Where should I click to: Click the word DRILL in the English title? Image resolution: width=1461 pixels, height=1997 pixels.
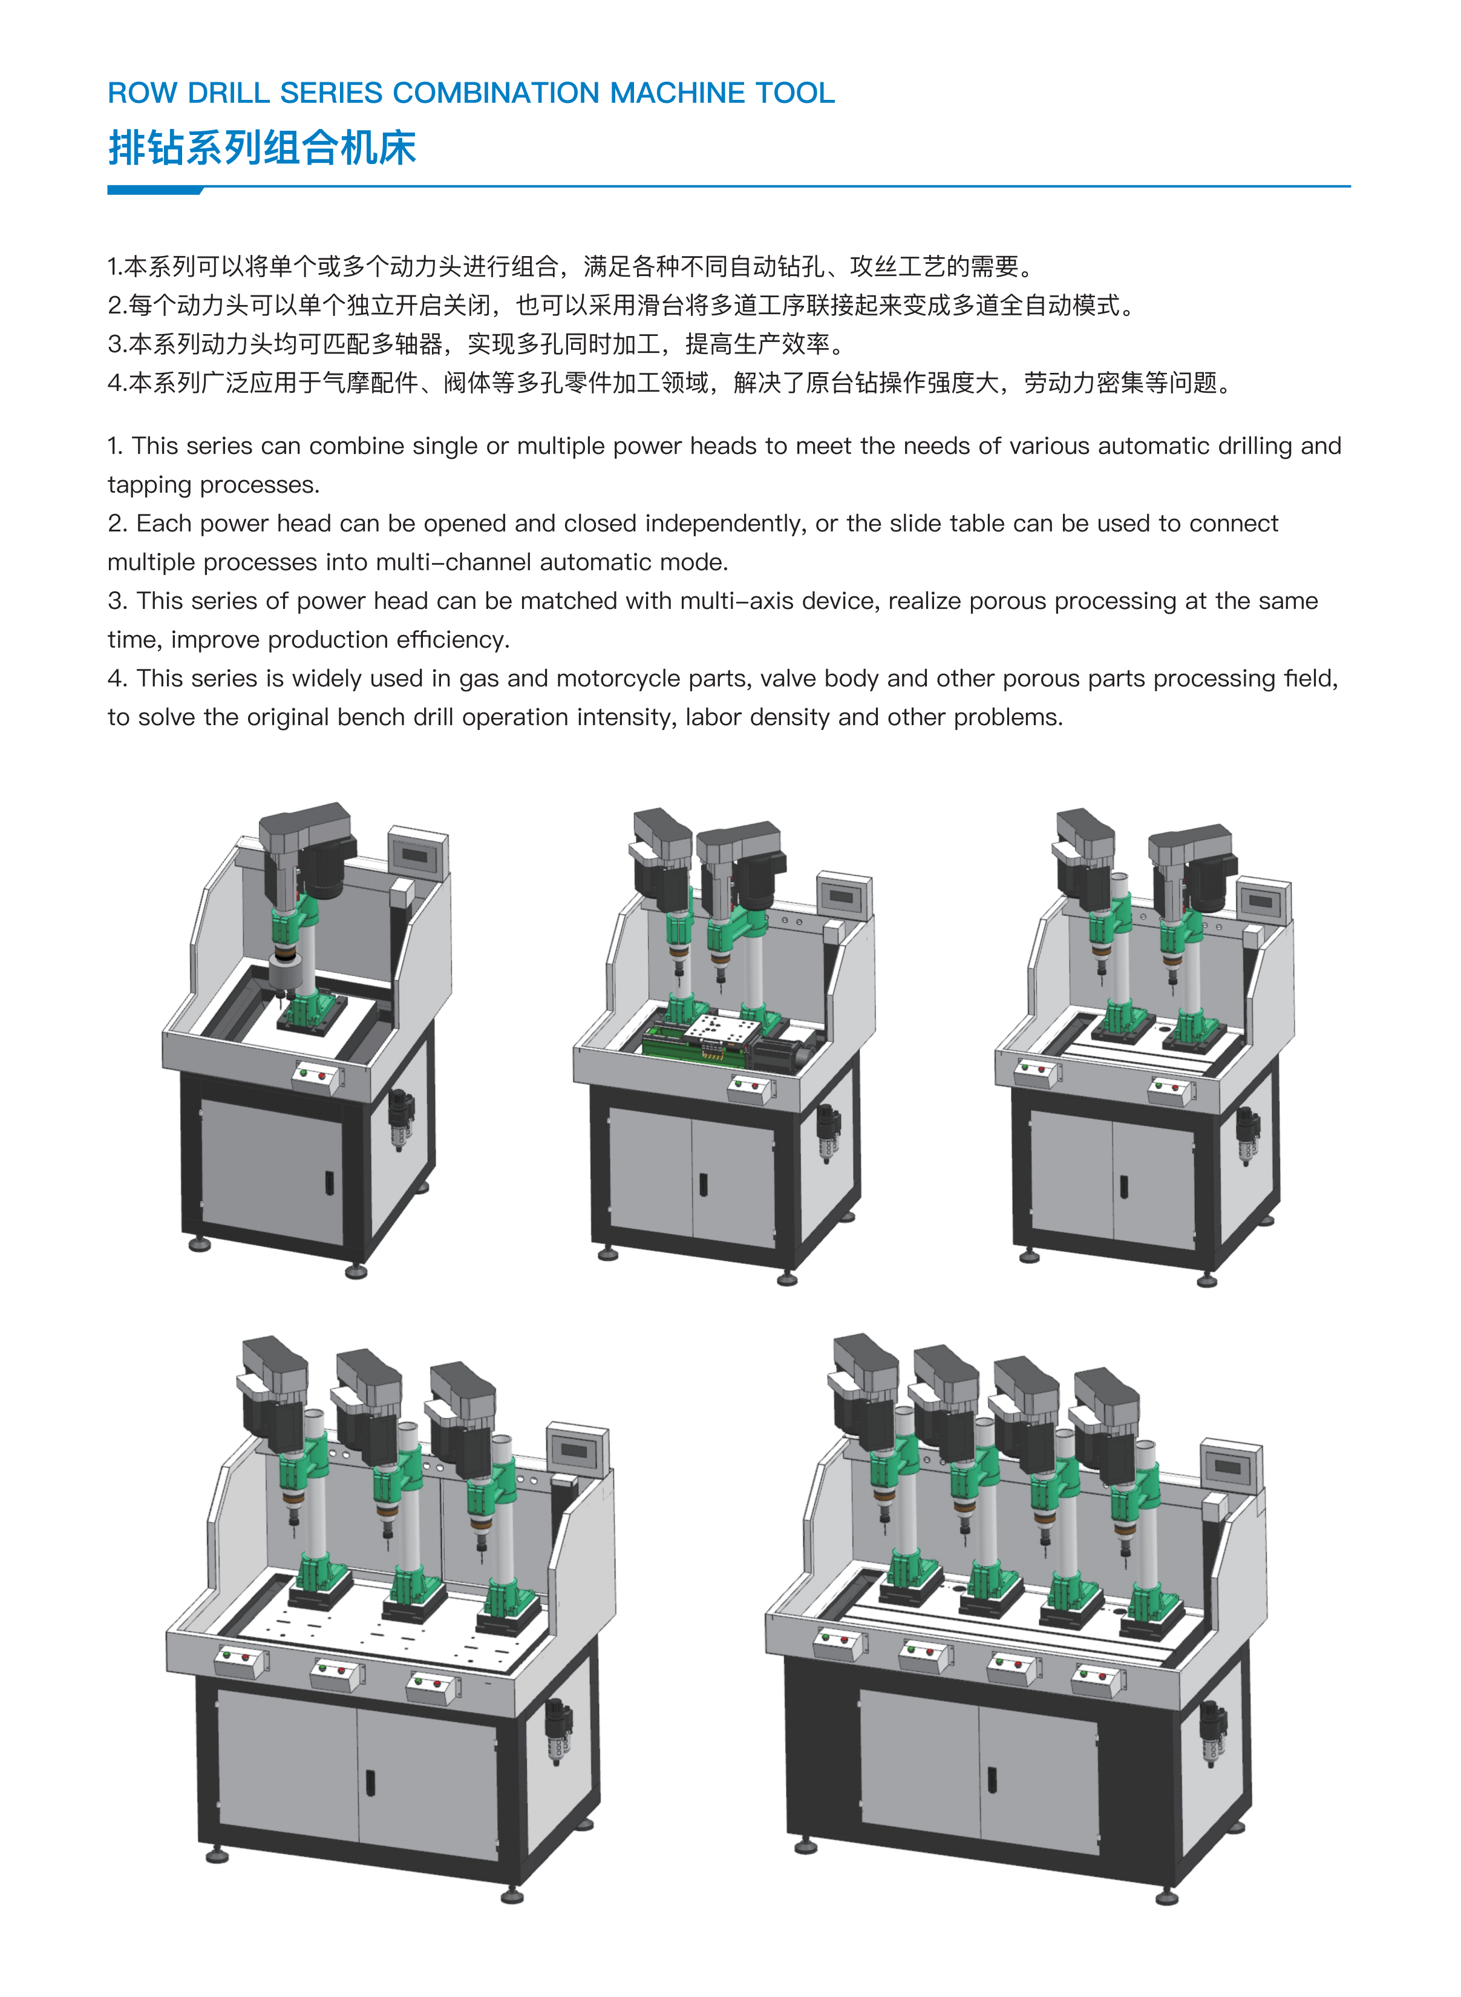coord(228,93)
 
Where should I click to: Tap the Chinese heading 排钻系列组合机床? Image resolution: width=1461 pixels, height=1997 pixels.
coord(262,147)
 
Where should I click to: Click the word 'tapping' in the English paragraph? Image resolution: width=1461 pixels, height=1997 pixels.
coord(149,485)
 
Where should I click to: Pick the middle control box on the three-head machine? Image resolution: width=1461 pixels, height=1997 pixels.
coord(335,1671)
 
